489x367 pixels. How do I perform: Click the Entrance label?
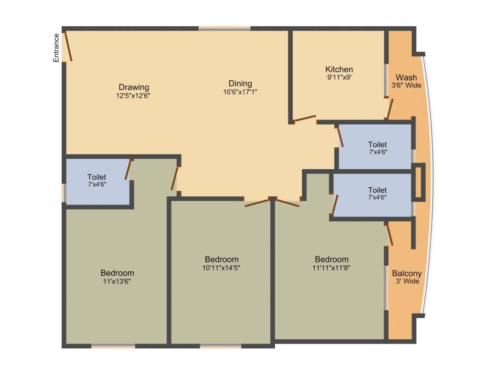pos(56,48)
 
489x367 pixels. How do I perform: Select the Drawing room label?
pos(134,87)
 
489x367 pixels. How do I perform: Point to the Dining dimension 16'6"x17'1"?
pos(240,92)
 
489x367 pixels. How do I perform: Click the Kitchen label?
pos(339,69)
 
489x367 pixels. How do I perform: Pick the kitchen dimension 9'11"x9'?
pos(339,76)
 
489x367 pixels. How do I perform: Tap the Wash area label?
pos(406,77)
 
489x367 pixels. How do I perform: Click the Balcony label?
pos(407,273)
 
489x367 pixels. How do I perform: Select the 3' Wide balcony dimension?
pos(407,281)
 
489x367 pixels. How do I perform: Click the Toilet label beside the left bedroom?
pos(96,177)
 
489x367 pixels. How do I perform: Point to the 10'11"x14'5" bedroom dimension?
pos(221,268)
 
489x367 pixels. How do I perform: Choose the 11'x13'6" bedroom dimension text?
pos(117,281)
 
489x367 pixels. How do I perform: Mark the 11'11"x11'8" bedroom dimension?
pos(331,268)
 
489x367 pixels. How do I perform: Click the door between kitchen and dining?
pos(304,118)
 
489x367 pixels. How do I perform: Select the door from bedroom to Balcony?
pos(390,235)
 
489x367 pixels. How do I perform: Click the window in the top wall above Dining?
pos(224,29)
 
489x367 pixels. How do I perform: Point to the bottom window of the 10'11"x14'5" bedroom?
pos(220,346)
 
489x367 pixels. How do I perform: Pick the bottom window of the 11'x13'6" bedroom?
pos(113,346)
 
